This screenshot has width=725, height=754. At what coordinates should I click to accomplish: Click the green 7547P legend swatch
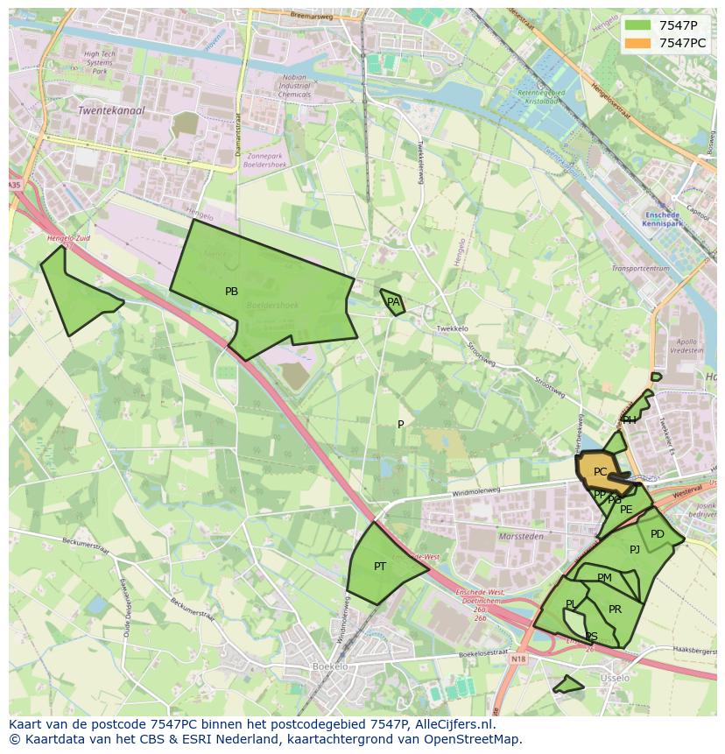(638, 25)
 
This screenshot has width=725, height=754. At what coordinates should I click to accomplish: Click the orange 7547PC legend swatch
(638, 43)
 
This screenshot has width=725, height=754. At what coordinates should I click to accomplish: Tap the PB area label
(231, 292)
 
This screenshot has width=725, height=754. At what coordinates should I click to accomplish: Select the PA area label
(393, 302)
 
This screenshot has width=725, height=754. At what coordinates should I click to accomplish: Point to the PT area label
(380, 567)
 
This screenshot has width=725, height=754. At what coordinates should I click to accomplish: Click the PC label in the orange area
(600, 472)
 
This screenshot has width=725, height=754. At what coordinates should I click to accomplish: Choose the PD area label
(658, 534)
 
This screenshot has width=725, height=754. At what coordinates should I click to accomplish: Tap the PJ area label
(635, 550)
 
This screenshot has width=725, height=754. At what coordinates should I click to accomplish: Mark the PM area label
(604, 578)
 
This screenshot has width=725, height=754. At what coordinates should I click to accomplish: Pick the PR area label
(615, 610)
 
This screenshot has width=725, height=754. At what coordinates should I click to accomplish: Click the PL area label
(571, 604)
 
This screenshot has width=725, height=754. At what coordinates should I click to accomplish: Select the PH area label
(630, 420)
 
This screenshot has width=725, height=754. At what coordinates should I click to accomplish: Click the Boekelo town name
(330, 667)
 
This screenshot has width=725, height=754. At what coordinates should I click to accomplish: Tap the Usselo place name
(615, 679)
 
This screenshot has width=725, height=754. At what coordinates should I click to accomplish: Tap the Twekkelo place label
(452, 329)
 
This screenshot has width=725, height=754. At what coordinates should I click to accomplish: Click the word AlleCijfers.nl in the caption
(454, 725)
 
